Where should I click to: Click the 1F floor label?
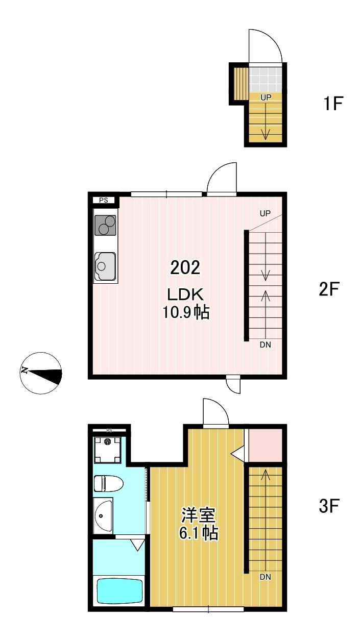pos(333,103)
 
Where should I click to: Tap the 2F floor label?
pos(329,289)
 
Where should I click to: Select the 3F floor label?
pos(329,506)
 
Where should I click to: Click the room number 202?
pos(185,268)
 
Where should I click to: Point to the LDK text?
pos(185,294)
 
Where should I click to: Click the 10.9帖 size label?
pos(186,312)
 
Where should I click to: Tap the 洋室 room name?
pos(198,515)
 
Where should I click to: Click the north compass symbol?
pos(41,373)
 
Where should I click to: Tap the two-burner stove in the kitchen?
pos(105,225)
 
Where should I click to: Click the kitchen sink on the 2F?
pos(105,266)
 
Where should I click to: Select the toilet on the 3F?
pos(108,483)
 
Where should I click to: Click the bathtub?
pos(120,591)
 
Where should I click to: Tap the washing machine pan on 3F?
pos(107,450)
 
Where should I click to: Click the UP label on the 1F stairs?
pos(266,97)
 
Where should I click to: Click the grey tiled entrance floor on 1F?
pos(266,80)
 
